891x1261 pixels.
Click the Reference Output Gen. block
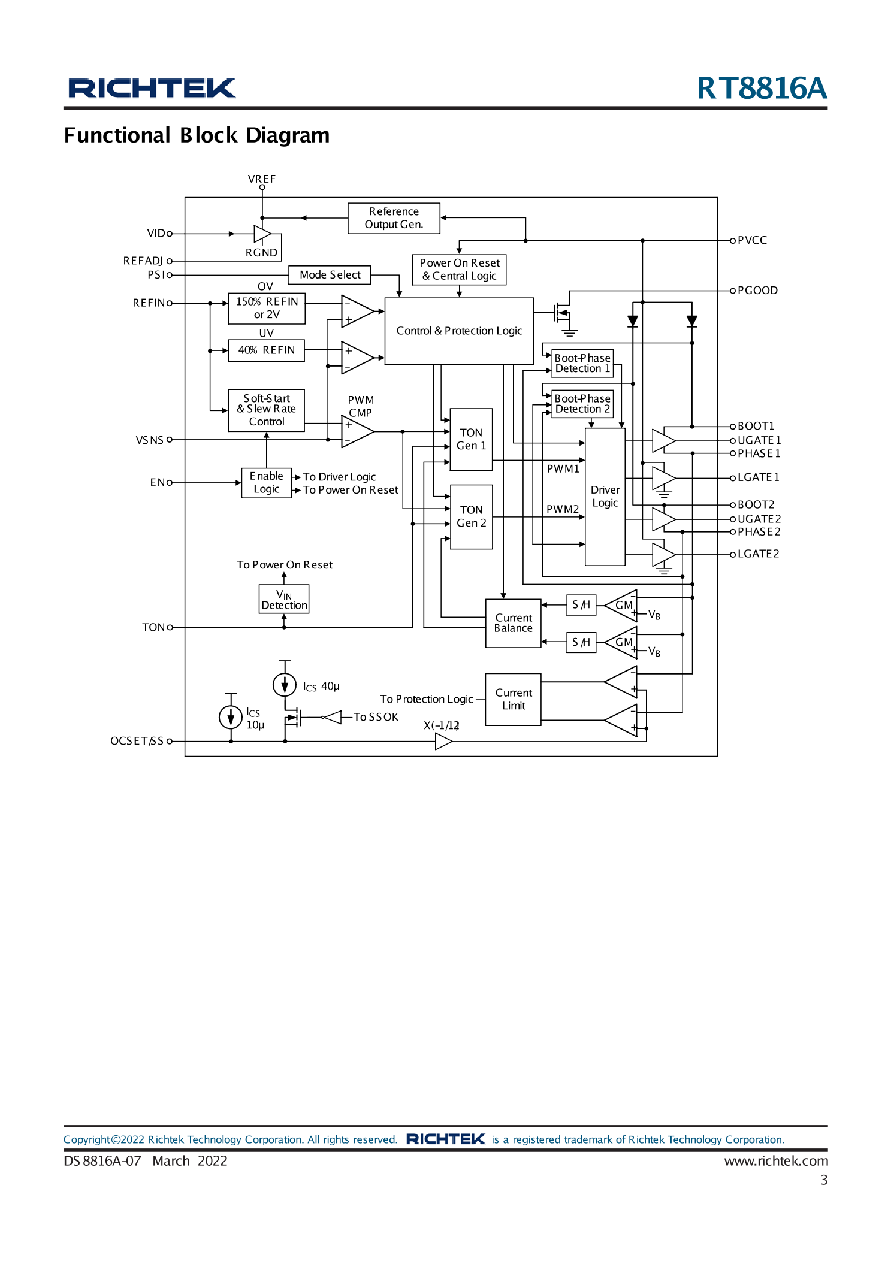coord(394,218)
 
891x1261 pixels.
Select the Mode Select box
coord(330,275)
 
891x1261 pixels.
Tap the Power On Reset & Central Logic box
coord(459,270)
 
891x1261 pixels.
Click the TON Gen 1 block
coord(471,439)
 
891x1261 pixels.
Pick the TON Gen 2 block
coord(471,516)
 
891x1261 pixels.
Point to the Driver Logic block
coord(605,496)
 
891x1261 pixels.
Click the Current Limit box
coord(513,699)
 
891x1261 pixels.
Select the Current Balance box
coord(513,623)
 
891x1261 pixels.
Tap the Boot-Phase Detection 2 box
coord(582,404)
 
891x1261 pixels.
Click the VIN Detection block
coord(284,600)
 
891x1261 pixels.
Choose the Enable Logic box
coord(266,483)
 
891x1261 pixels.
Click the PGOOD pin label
coord(757,291)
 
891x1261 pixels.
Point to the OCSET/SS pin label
coord(137,741)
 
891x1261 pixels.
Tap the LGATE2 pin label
coord(758,554)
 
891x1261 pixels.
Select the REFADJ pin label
coord(143,261)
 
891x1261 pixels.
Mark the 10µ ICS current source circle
coord(231,716)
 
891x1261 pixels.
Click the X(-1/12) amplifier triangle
coord(442,742)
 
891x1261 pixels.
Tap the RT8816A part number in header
coord(762,88)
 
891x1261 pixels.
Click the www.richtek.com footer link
coord(775,1161)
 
